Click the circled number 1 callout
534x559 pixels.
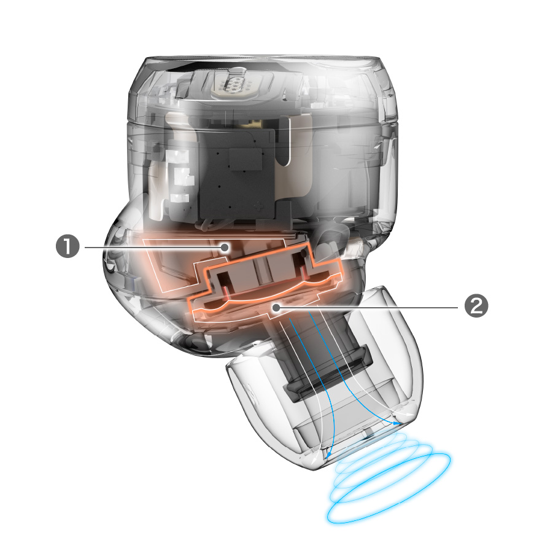coord(68,247)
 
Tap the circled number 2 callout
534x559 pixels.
coord(476,307)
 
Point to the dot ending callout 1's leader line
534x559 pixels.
coord(225,247)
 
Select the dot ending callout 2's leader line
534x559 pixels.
coord(276,307)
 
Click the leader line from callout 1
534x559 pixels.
coord(153,247)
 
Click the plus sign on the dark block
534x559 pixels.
coord(257,205)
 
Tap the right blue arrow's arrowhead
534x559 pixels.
coord(396,423)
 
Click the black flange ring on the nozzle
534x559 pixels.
coord(328,374)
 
